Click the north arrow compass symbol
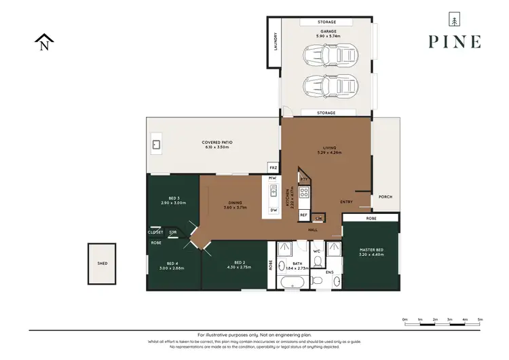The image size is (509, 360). tap(44, 43)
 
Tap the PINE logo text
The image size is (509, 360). tap(454, 41)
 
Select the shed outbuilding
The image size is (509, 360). tap(102, 263)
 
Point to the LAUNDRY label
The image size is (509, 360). tap(276, 42)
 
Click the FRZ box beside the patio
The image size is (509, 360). tap(274, 167)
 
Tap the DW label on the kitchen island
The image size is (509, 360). tap(274, 210)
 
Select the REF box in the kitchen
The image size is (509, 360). tap(303, 215)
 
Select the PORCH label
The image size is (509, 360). tap(385, 197)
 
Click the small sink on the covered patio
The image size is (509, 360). tap(156, 144)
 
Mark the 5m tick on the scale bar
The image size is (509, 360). tap(480, 319)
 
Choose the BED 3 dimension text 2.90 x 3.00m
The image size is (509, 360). tap(173, 202)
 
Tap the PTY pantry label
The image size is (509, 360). tap(305, 179)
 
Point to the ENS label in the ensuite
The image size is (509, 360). tap(330, 272)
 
